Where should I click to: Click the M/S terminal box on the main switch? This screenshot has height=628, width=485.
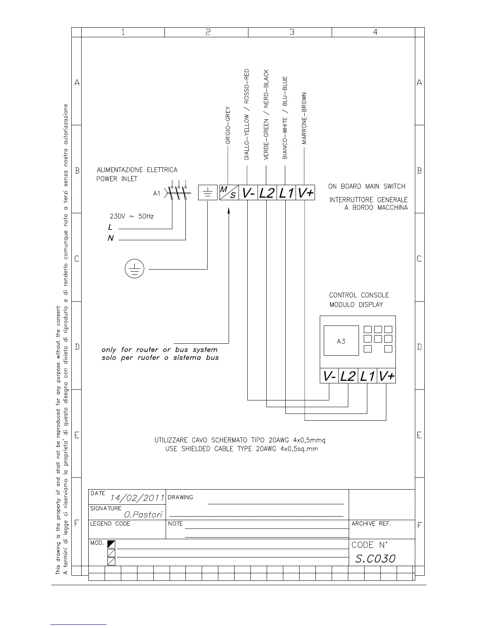point(229,192)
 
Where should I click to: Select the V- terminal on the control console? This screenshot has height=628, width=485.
point(329,376)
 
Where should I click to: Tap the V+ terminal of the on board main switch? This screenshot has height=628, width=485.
point(306,193)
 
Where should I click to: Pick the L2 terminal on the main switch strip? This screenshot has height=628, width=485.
point(267,193)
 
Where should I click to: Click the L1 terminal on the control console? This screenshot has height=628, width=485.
point(367,376)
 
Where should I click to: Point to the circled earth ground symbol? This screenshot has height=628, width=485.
point(134,269)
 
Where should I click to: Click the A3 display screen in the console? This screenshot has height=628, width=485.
point(341,341)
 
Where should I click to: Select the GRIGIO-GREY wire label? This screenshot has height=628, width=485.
point(228,125)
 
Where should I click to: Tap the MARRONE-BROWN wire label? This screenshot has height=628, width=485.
point(304,118)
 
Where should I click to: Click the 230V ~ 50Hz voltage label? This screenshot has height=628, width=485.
point(132,216)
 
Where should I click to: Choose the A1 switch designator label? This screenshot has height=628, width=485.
point(157,193)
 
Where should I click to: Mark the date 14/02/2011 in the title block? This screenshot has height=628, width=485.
point(137,498)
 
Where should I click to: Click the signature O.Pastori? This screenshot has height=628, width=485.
point(143,515)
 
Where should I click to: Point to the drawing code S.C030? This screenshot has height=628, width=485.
point(375,559)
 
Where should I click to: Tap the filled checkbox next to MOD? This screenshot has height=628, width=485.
point(111,544)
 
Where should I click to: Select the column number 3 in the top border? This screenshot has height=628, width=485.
point(292,32)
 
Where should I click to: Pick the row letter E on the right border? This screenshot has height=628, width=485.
point(419,435)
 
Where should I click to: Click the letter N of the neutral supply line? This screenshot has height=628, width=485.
point(111,238)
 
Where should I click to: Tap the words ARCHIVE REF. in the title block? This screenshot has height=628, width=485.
point(371,524)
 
